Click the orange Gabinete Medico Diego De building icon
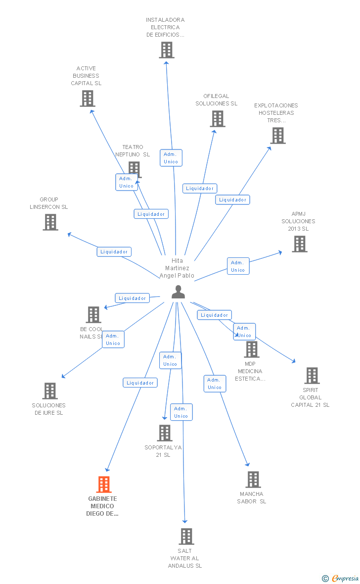(x=104, y=484)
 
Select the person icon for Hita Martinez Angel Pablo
(x=178, y=292)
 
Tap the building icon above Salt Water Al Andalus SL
(x=186, y=536)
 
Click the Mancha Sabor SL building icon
(x=253, y=479)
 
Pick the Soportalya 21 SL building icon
(x=165, y=433)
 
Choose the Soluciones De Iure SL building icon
(x=50, y=390)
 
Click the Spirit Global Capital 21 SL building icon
(x=312, y=375)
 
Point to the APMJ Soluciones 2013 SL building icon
(x=299, y=243)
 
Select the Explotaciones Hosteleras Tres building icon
(x=278, y=135)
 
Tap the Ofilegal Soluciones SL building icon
(x=218, y=118)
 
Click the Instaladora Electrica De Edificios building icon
(x=167, y=49)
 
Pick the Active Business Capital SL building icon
(x=88, y=98)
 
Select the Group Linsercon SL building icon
(x=50, y=222)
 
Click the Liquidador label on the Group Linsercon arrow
(x=114, y=252)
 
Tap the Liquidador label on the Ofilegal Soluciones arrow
(x=200, y=189)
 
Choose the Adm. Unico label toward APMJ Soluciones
(x=238, y=266)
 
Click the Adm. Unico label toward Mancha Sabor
(x=215, y=384)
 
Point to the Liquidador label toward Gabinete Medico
(x=140, y=383)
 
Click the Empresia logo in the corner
(x=341, y=578)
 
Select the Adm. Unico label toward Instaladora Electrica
(x=171, y=158)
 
